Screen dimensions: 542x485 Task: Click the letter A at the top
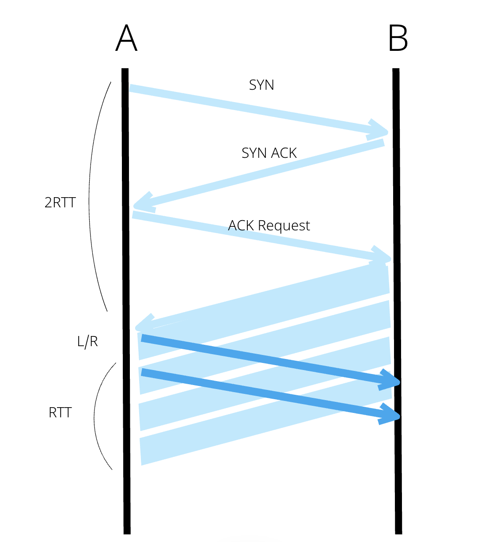[x=126, y=38]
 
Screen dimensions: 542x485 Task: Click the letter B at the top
[x=398, y=38]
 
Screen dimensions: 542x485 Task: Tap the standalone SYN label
[x=261, y=85]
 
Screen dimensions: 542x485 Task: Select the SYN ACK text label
[x=269, y=153]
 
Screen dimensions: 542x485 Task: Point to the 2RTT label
[x=60, y=202]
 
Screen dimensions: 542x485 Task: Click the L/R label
[x=87, y=341]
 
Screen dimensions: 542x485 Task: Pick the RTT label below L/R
[x=60, y=412]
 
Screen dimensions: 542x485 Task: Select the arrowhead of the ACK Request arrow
[x=383, y=256]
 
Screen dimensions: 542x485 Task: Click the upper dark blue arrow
[x=265, y=359]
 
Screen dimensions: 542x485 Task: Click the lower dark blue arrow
[x=265, y=393]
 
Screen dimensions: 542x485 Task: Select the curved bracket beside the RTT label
[x=95, y=416]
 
